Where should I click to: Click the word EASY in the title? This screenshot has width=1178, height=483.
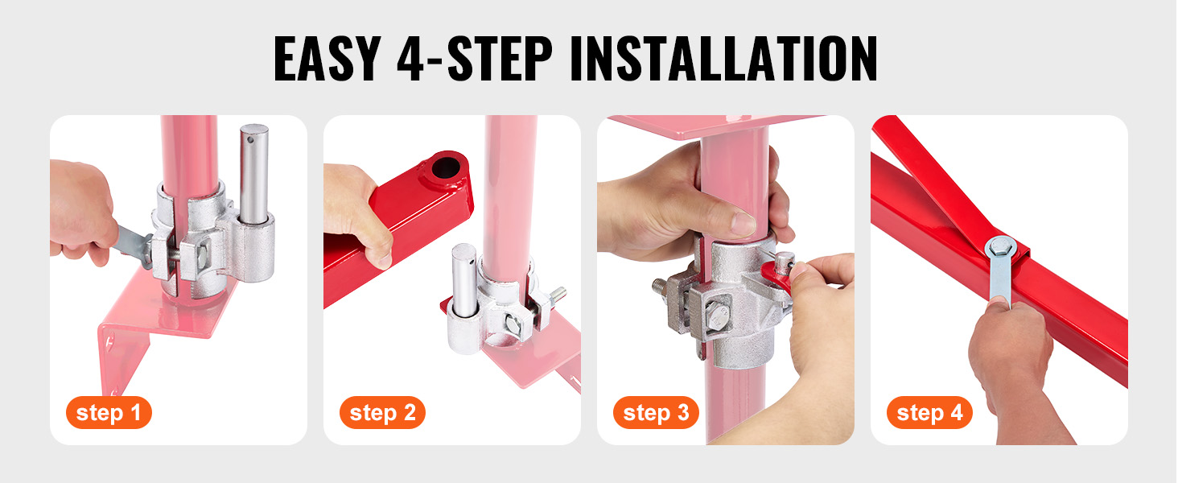click(x=327, y=59)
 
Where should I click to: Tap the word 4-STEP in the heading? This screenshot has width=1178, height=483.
click(x=475, y=59)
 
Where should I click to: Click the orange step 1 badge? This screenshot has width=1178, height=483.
click(x=109, y=412)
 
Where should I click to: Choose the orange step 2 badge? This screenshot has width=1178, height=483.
click(x=382, y=412)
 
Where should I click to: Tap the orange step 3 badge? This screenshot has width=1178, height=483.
click(x=656, y=412)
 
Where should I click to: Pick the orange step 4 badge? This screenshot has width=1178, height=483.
click(x=929, y=412)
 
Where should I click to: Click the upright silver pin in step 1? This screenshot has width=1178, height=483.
click(x=254, y=174)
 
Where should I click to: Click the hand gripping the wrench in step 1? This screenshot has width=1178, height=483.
click(x=81, y=210)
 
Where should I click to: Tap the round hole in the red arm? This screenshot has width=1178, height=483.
click(x=447, y=167)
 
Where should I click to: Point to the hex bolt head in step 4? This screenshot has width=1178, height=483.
click(x=1001, y=246)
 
